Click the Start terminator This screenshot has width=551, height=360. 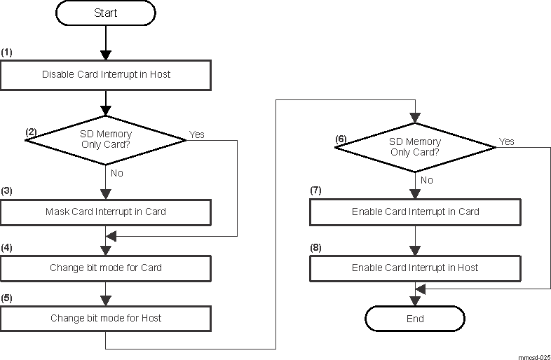click(105, 13)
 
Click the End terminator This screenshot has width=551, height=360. click(415, 318)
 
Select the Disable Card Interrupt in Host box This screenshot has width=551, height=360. click(105, 75)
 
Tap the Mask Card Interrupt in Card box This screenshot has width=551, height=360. click(105, 212)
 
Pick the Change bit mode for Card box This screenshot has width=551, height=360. click(105, 268)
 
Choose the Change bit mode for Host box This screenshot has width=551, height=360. click(105, 318)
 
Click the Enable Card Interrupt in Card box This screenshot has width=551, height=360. click(415, 212)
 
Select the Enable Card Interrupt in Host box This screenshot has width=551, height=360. click(415, 268)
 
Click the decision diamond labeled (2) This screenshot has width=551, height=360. click(105, 139)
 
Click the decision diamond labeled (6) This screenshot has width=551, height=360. click(415, 146)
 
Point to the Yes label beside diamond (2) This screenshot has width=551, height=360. click(197, 134)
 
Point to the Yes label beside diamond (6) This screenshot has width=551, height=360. click(506, 141)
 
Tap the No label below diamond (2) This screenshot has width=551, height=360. click(118, 173)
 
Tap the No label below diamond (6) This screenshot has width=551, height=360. click(427, 180)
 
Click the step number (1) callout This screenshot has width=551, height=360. click(7, 53)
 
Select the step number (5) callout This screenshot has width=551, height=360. click(7, 298)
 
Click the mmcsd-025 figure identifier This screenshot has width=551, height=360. click(534, 356)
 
